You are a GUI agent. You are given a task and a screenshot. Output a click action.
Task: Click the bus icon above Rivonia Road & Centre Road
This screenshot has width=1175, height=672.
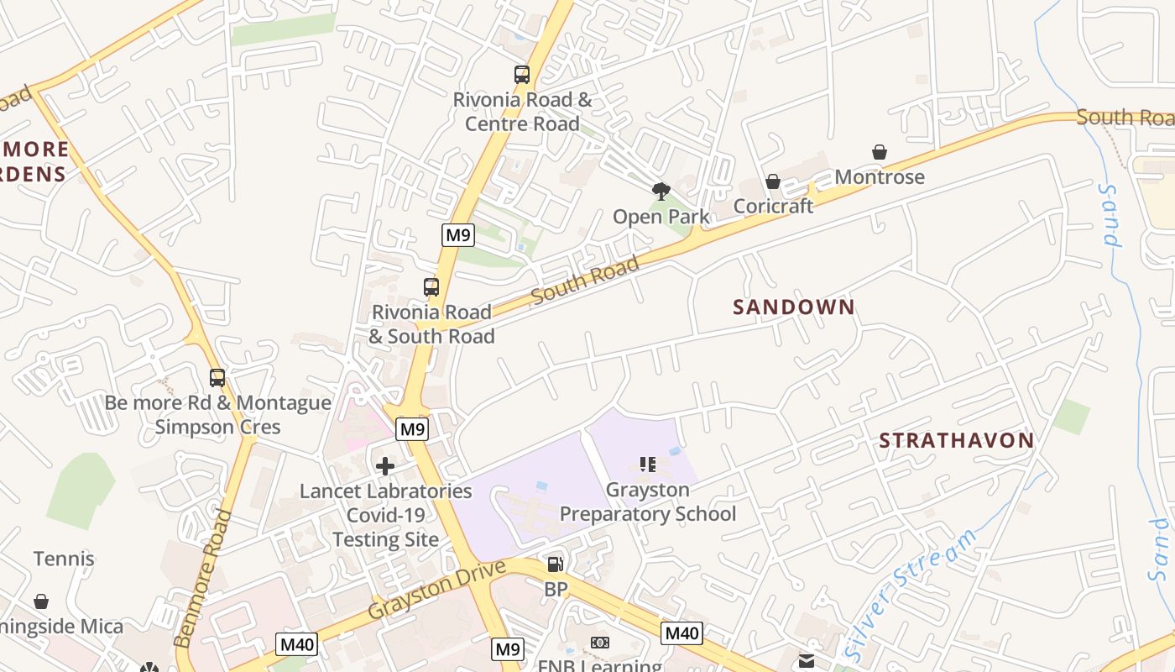pos(522,75)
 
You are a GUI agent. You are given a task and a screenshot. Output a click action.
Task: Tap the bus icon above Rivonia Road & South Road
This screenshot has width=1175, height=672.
pos(431,287)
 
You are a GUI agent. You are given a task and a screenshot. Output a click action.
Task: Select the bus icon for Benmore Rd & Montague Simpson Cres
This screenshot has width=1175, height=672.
pos(217,378)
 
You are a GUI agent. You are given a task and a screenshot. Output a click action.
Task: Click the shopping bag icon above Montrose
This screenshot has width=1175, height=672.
pos(880,152)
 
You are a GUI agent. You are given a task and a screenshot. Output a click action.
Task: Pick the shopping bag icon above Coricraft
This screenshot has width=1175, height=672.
pos(773,181)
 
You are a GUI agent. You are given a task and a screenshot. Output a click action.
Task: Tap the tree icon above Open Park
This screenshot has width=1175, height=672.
pos(661,192)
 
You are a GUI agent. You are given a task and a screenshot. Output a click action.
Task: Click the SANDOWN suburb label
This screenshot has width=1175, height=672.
pos(793,307)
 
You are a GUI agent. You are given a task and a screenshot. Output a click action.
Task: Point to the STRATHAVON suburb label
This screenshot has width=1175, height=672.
pos(956,440)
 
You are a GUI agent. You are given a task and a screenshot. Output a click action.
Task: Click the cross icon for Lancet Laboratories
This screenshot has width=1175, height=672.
pos(385,466)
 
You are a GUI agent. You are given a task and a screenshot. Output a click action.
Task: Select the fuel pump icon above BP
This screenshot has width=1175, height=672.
pos(555,565)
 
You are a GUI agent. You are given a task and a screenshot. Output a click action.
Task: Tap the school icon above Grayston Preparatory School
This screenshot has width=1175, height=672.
pos(647,465)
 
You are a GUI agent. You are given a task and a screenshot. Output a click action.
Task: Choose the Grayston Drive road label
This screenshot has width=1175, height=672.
pos(436,591)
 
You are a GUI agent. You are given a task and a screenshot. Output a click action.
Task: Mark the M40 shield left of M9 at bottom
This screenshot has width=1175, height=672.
pos(298,644)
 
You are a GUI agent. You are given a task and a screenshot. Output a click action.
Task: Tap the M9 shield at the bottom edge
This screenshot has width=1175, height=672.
pos(508,648)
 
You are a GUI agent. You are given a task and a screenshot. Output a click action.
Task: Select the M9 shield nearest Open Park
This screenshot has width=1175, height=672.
pos(458,235)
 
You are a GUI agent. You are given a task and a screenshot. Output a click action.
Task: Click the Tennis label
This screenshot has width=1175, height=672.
pos(64,559)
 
